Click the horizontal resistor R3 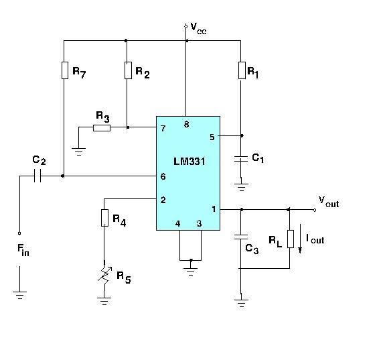(x=102, y=127)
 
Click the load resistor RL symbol (x=289, y=239)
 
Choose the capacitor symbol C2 (x=38, y=176)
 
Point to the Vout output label (x=328, y=201)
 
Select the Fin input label (x=23, y=251)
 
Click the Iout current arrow (x=301, y=241)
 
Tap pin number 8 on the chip (x=187, y=124)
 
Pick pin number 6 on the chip (x=163, y=176)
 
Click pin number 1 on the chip (x=214, y=209)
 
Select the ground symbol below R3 (x=80, y=152)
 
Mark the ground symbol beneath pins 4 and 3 (x=191, y=269)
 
